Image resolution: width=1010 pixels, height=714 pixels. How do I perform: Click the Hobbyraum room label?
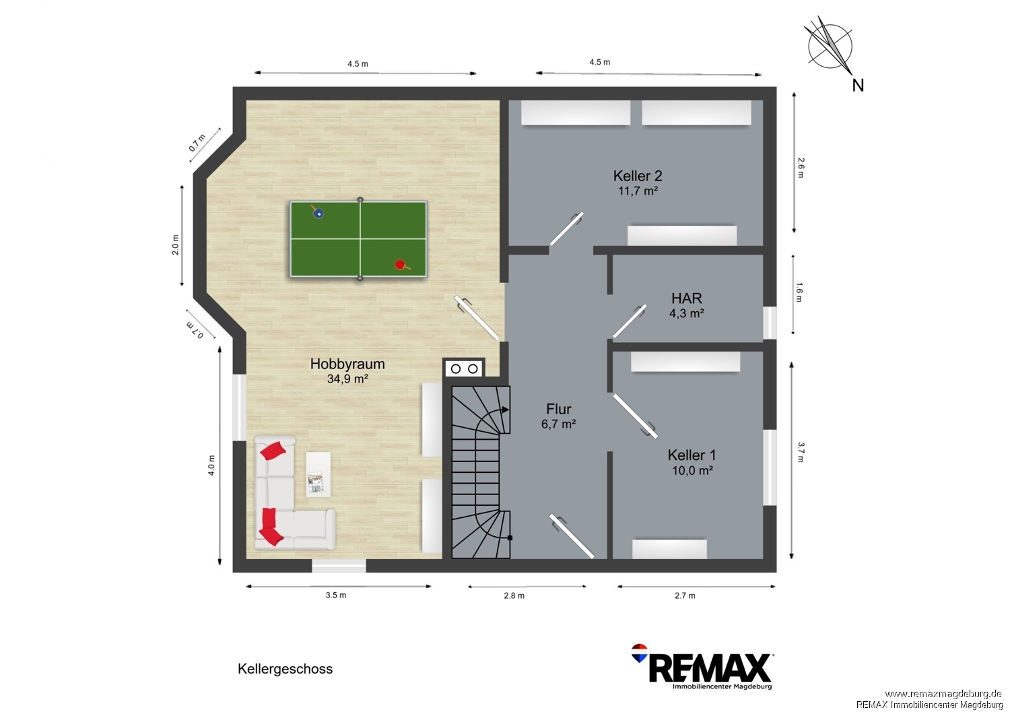point(347,364)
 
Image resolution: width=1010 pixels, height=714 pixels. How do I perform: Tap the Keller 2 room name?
point(638,175)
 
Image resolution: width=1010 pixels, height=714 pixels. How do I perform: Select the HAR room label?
point(687,298)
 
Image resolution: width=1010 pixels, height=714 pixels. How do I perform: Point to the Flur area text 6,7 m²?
point(559,424)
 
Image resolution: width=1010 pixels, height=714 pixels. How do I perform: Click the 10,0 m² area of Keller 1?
point(692,470)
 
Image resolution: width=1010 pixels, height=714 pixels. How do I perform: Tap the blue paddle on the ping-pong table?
point(317,212)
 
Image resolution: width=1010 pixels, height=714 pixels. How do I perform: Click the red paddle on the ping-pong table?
point(401,265)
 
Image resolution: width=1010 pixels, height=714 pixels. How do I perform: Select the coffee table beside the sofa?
point(318,474)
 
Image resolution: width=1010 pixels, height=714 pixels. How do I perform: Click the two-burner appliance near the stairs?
point(464,368)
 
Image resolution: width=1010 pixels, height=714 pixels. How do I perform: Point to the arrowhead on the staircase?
point(506,410)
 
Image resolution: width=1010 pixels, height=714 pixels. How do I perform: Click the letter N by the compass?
point(858,86)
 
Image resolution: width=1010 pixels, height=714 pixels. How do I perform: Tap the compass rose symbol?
point(830,46)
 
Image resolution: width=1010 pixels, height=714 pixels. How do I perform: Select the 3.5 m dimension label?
point(336,595)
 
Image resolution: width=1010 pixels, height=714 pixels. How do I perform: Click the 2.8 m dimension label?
point(514,596)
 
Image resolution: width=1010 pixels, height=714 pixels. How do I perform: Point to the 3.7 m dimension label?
point(801,453)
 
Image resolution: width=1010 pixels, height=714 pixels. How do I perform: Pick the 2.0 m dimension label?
point(175,245)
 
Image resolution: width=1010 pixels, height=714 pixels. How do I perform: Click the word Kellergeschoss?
point(285,669)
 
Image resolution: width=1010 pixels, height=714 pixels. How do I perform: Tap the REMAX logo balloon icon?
point(640,653)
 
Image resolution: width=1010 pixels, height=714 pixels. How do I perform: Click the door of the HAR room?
point(630,321)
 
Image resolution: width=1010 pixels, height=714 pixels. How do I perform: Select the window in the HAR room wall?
point(770,323)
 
